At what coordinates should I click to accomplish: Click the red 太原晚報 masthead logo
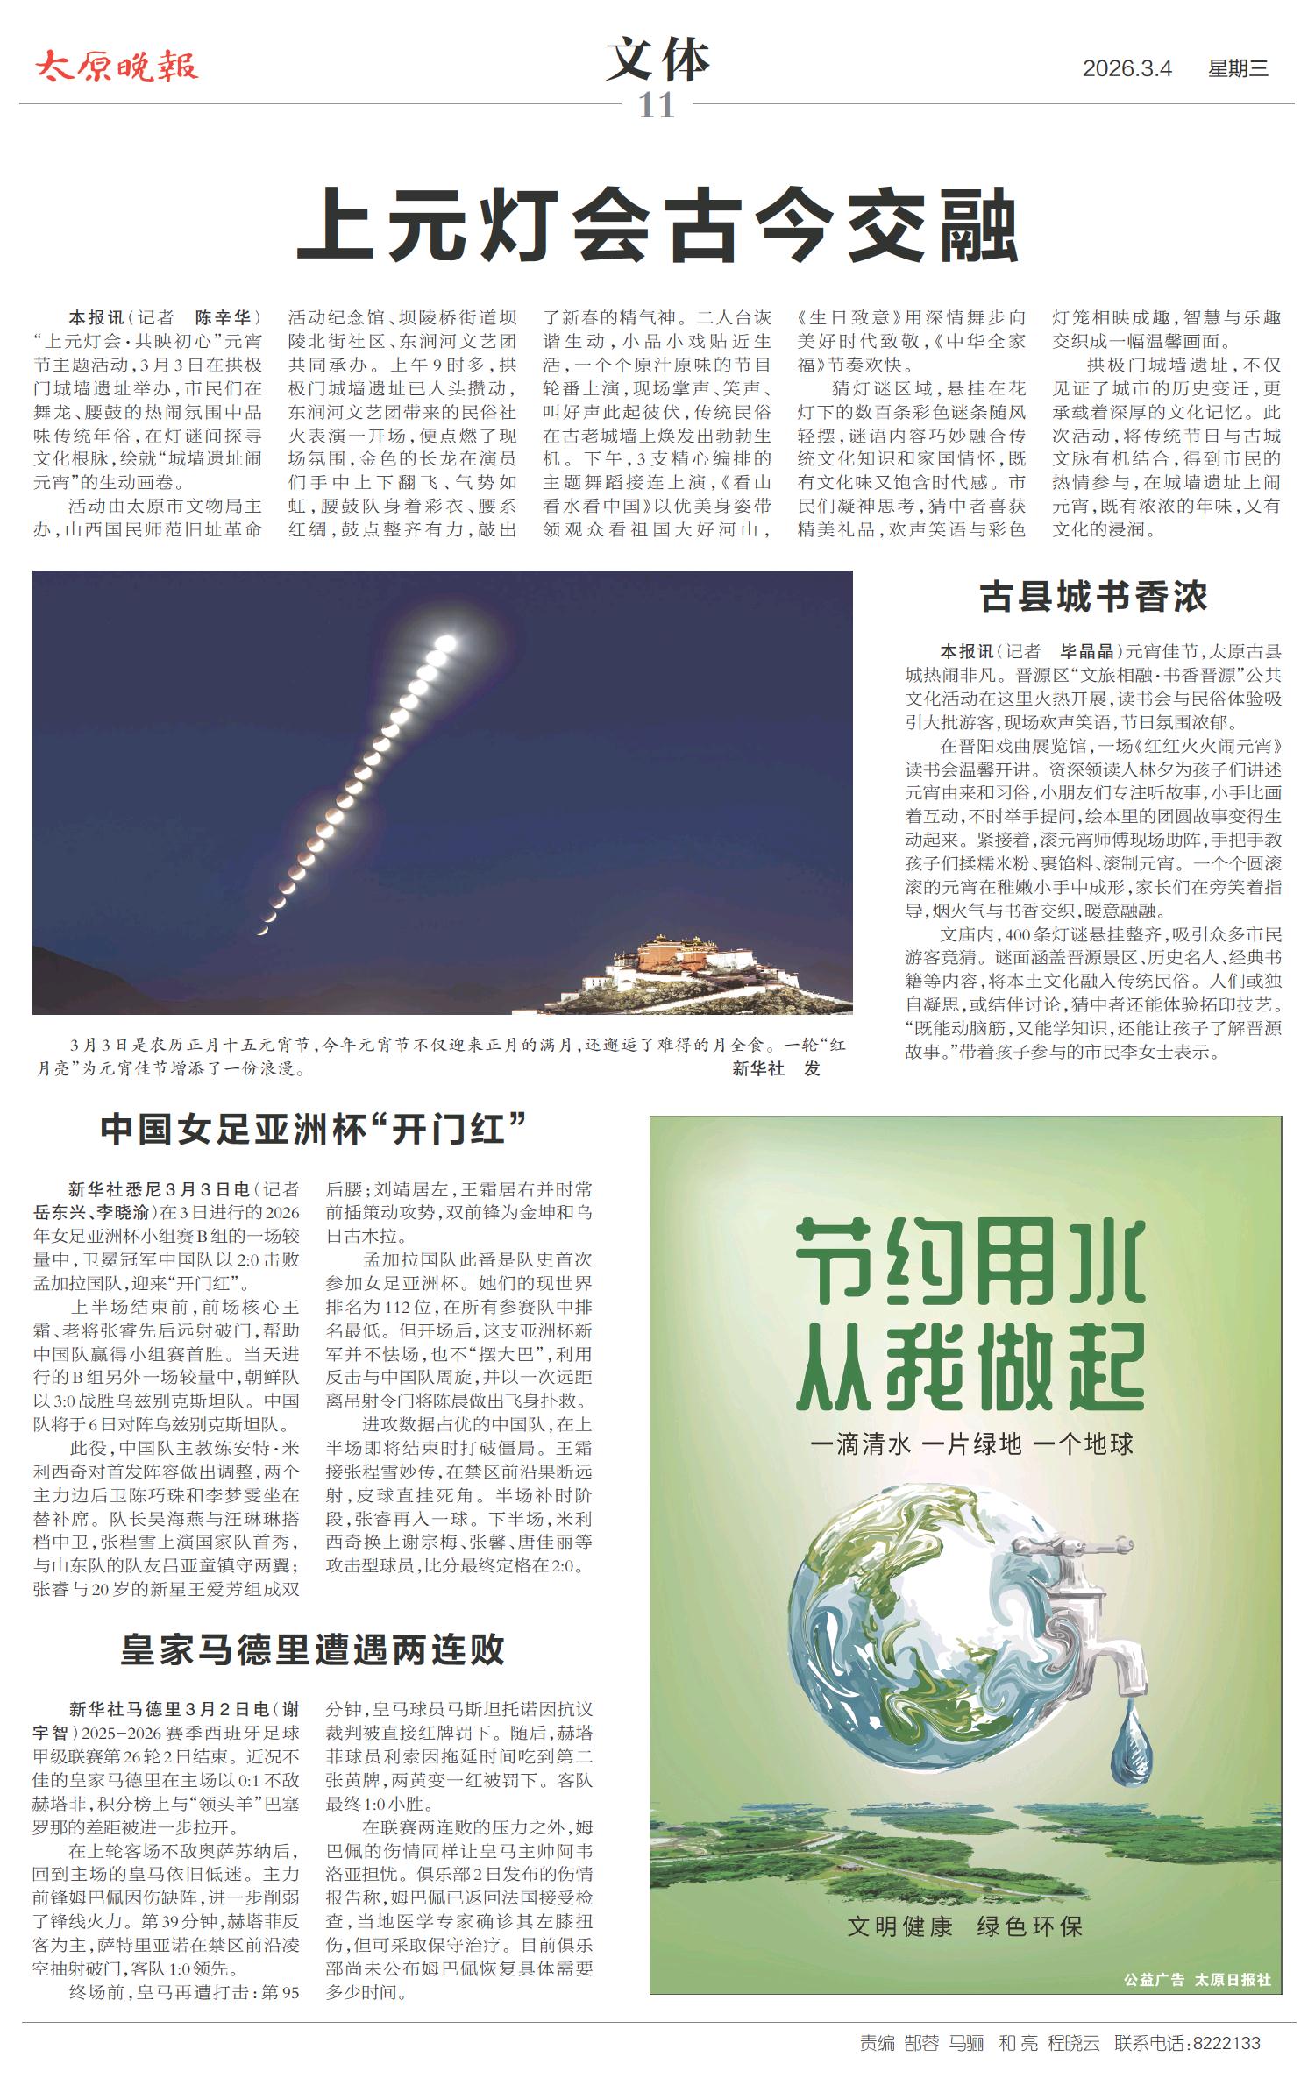click(117, 67)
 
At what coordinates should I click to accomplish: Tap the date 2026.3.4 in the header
click(1127, 68)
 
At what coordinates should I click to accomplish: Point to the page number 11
click(656, 106)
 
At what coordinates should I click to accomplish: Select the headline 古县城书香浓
click(1093, 597)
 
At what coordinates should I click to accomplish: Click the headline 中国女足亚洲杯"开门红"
click(313, 1130)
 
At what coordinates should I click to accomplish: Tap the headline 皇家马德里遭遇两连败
click(313, 1649)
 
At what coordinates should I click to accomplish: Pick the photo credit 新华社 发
click(776, 1068)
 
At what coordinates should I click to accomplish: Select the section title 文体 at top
click(657, 61)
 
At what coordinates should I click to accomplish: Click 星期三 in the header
click(1238, 68)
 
